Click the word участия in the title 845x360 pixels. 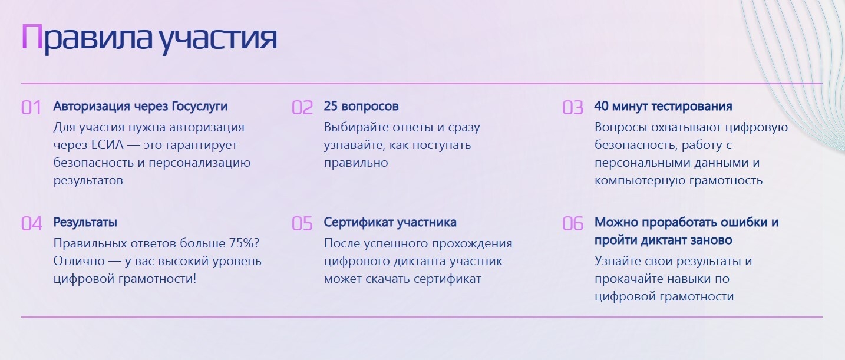217,39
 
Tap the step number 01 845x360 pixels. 31,108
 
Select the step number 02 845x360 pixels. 302,108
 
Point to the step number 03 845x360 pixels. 573,108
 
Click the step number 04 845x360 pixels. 31,223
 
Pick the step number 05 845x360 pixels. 302,223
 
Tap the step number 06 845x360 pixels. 573,223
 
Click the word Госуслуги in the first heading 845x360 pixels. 200,107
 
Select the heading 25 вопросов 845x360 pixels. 361,107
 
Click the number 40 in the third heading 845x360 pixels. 601,106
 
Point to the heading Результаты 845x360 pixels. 85,223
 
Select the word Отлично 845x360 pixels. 79,261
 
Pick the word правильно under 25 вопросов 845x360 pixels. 356,163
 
